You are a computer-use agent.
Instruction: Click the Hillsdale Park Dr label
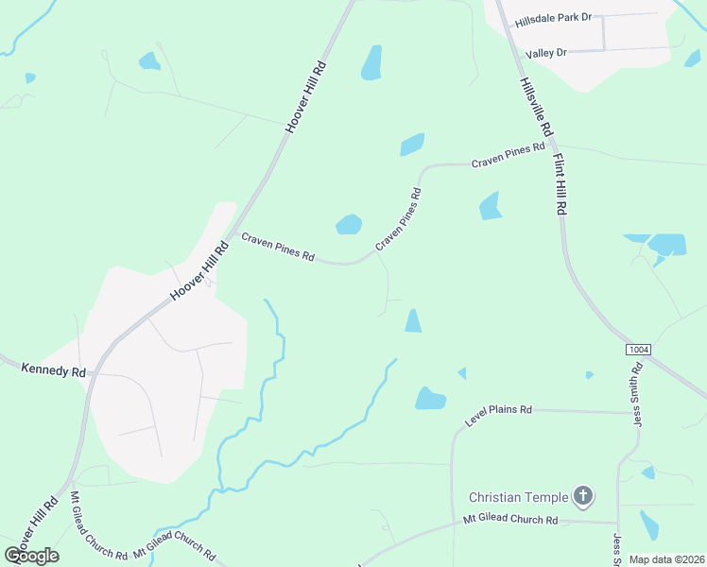tap(553, 18)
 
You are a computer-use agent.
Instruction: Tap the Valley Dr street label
tap(546, 54)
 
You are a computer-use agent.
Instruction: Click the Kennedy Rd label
tap(53, 371)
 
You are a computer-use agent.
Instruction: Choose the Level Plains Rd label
tap(499, 416)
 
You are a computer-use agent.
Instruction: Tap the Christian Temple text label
tap(519, 497)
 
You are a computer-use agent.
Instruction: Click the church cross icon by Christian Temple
tap(584, 495)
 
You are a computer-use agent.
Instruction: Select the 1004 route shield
tap(639, 350)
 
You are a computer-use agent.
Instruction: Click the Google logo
tap(31, 556)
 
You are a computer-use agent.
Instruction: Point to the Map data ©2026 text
tap(666, 559)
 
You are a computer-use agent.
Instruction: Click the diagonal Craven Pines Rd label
tap(398, 218)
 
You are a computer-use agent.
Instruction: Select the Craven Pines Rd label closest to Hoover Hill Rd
tap(277, 249)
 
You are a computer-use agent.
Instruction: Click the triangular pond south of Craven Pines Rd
tap(413, 321)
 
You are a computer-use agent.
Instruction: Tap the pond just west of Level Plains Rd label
tap(429, 399)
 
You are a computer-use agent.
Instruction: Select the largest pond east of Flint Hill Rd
tap(666, 244)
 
